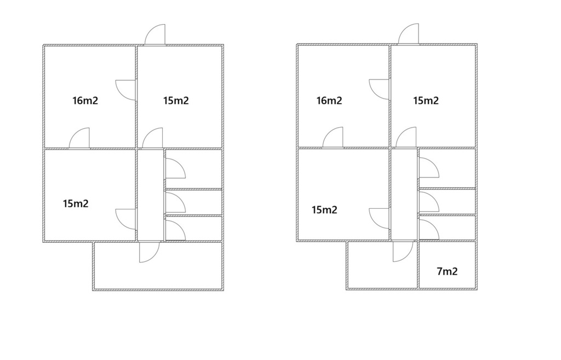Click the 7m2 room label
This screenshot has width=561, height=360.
pyautogui.click(x=447, y=271)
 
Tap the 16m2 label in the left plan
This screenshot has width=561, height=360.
pyautogui.click(x=85, y=100)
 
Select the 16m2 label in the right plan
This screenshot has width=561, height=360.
pyautogui.click(x=329, y=100)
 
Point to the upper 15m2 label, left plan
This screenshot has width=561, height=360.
pyautogui.click(x=176, y=100)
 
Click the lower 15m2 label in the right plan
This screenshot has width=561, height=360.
pyautogui.click(x=324, y=209)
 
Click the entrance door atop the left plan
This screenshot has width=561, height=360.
pyautogui.click(x=156, y=35)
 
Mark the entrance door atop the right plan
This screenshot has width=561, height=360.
pyautogui.click(x=409, y=35)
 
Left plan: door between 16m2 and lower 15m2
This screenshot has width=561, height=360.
pyautogui.click(x=80, y=138)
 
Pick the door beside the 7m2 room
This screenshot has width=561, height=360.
pyautogui.click(x=403, y=252)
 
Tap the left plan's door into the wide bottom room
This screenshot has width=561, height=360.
pyautogui.click(x=149, y=252)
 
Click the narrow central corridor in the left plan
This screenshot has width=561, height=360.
pyautogui.click(x=150, y=195)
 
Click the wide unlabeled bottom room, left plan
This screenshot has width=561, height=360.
pyautogui.click(x=158, y=271)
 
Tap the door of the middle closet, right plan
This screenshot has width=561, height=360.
pyautogui.click(x=428, y=201)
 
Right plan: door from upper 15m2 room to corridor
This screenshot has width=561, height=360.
pyautogui.click(x=406, y=138)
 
